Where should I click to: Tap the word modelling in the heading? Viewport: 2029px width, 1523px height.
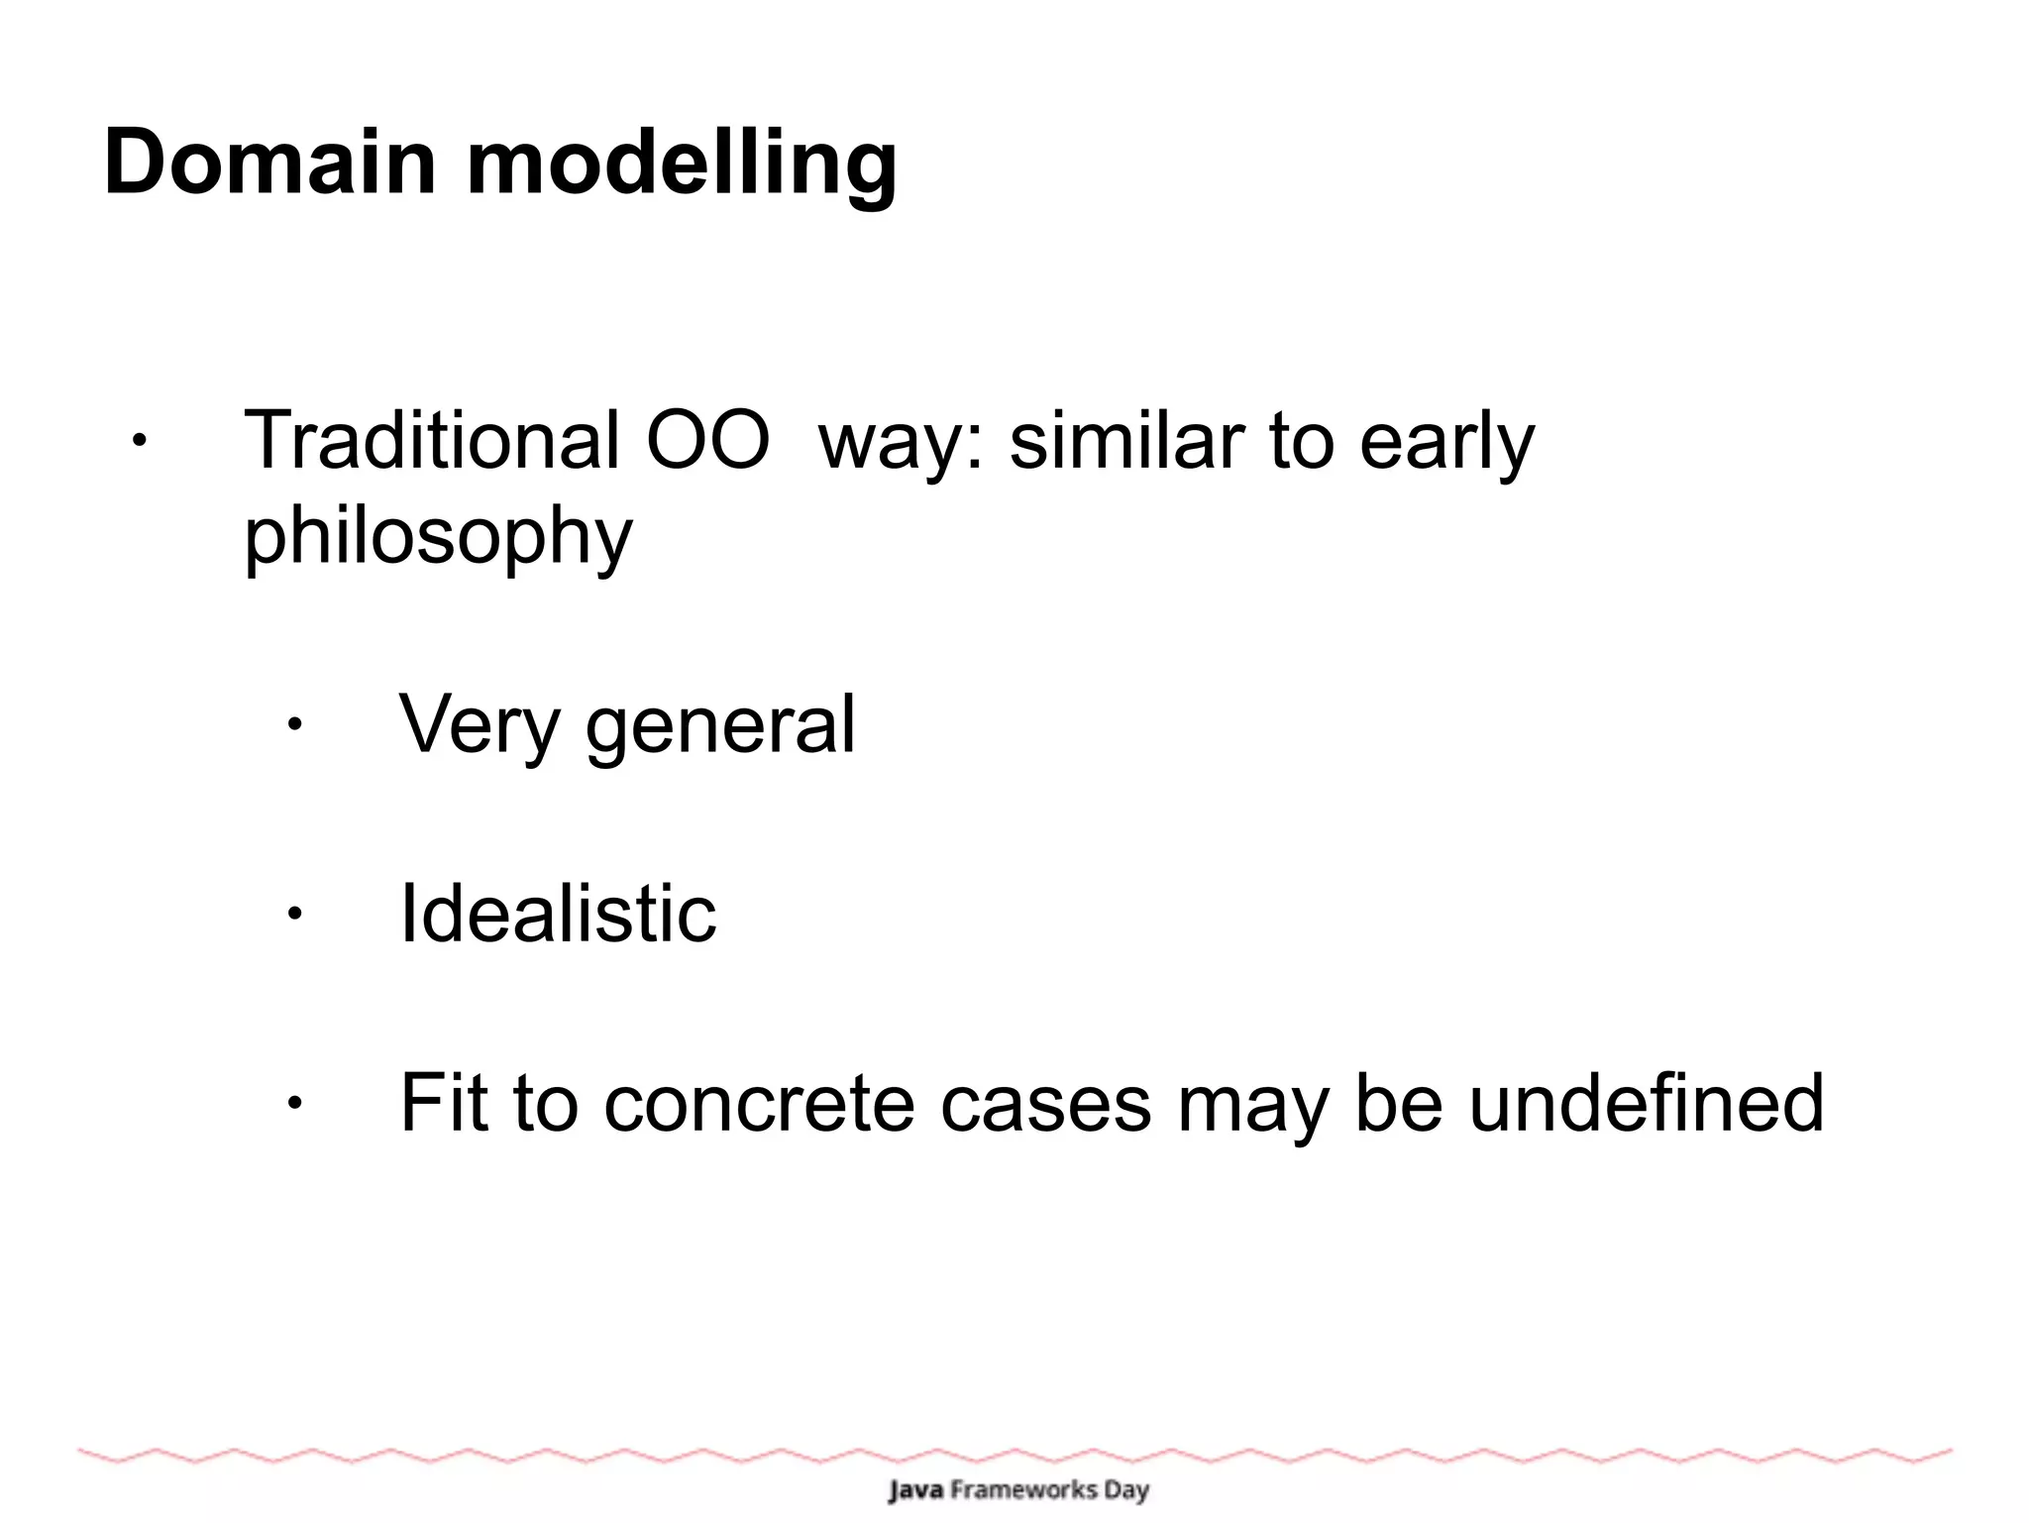(x=682, y=164)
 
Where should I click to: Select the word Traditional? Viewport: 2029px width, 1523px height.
(x=432, y=440)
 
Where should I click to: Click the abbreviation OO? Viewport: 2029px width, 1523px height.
(x=707, y=440)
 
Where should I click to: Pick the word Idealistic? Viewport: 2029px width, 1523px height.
(x=557, y=913)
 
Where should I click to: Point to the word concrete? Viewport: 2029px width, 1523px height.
(x=759, y=1104)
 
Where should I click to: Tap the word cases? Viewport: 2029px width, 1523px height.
(x=1045, y=1104)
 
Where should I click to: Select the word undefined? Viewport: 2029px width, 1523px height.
(x=1645, y=1102)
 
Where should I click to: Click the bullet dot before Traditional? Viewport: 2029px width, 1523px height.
(x=140, y=440)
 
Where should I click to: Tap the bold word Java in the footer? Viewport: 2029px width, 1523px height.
(x=915, y=1489)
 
